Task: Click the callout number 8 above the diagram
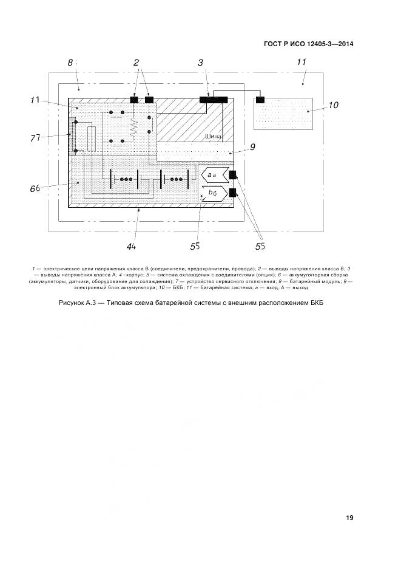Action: pyautogui.click(x=70, y=63)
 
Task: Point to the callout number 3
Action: pyautogui.click(x=200, y=63)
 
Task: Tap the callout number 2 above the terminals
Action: pyautogui.click(x=136, y=63)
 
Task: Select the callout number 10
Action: pyautogui.click(x=333, y=105)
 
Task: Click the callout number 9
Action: pyautogui.click(x=252, y=147)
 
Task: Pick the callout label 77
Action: pyautogui.click(x=35, y=138)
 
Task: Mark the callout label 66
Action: pyautogui.click(x=35, y=188)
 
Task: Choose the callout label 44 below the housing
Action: pyautogui.click(x=130, y=246)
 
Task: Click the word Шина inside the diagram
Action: pyautogui.click(x=213, y=137)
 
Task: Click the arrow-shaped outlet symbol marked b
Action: pyautogui.click(x=213, y=193)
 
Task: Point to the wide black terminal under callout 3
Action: pyautogui.click(x=214, y=100)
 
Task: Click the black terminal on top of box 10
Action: pyautogui.click(x=260, y=100)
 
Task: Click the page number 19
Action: pyautogui.click(x=349, y=518)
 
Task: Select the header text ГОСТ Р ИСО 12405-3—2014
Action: pyautogui.click(x=309, y=44)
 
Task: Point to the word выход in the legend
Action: pyautogui.click(x=300, y=287)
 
